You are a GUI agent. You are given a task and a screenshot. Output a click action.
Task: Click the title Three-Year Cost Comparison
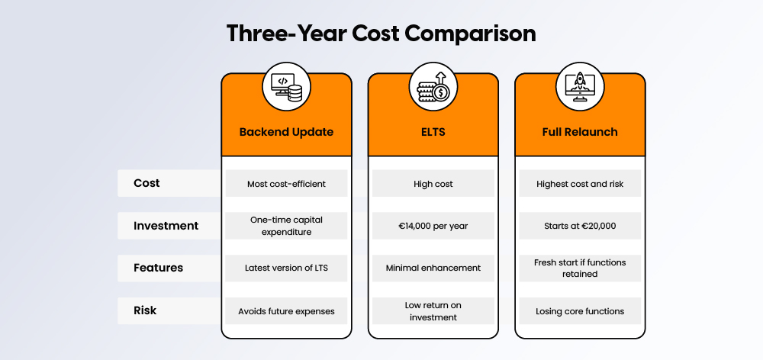point(381,34)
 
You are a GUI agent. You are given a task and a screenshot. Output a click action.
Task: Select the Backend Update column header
point(286,132)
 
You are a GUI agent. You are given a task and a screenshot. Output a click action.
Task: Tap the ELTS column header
point(433,132)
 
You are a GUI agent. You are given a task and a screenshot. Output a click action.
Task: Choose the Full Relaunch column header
point(580,132)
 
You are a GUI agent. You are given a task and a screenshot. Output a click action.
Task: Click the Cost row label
point(146,183)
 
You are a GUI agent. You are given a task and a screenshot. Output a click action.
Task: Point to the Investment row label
point(166,226)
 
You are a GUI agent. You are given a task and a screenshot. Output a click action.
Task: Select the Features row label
point(158,268)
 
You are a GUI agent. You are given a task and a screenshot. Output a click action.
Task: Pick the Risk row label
point(146,310)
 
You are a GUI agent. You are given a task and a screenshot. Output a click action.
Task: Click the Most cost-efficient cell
point(286,184)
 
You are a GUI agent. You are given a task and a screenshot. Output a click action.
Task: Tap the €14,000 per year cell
point(433,226)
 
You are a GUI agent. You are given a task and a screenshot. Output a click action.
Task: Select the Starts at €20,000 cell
point(580,226)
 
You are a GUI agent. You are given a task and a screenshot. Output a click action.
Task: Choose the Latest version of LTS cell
point(286,268)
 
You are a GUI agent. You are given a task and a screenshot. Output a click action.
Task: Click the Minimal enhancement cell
point(433,268)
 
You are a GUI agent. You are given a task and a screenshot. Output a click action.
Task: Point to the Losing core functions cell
point(580,310)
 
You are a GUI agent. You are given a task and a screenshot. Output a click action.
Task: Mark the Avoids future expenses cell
point(286,310)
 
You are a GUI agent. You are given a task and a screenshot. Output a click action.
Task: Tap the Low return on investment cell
point(433,310)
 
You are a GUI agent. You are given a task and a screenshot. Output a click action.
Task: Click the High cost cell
point(433,184)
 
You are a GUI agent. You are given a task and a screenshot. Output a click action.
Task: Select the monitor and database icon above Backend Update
point(286,86)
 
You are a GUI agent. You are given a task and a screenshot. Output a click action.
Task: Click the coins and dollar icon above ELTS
point(433,86)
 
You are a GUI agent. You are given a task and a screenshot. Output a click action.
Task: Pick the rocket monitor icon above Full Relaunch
point(580,86)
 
